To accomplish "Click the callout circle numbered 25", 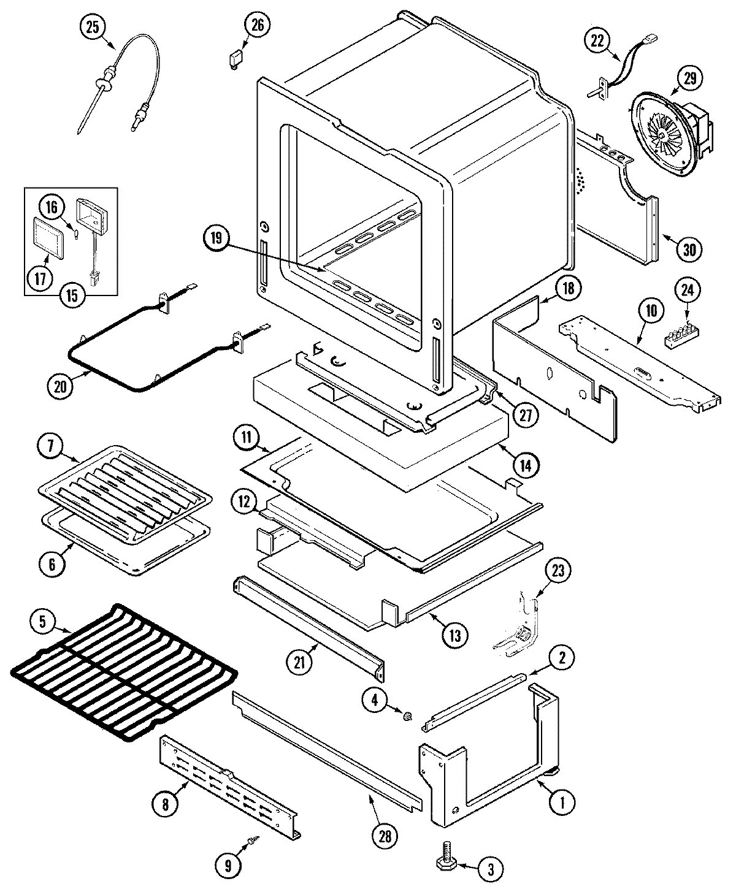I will [93, 28].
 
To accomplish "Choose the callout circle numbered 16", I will [53, 208].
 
